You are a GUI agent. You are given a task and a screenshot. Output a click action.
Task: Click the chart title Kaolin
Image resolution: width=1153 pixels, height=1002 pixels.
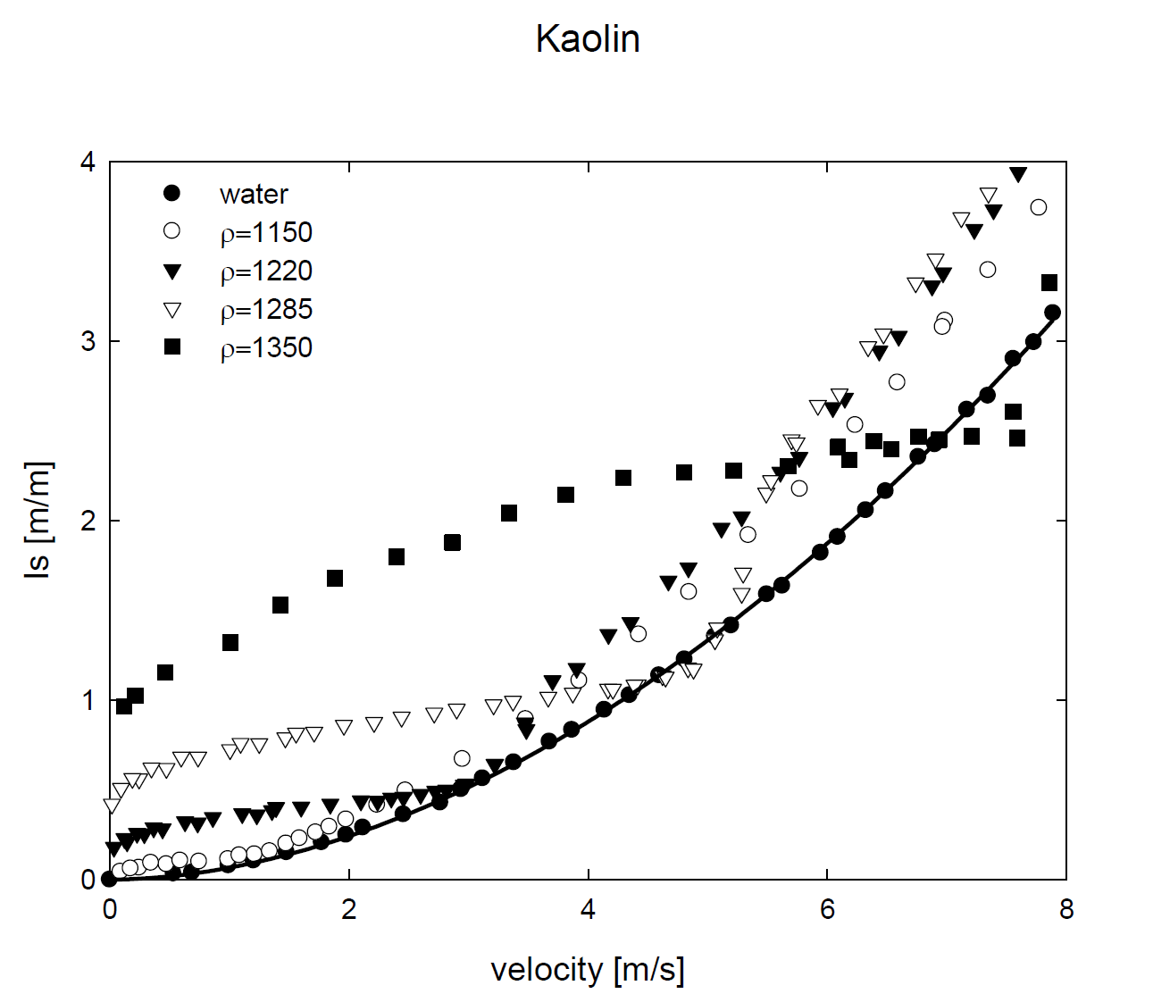pos(588,39)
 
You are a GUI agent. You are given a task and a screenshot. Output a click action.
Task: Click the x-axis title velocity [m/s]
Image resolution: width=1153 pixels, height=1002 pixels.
pos(588,969)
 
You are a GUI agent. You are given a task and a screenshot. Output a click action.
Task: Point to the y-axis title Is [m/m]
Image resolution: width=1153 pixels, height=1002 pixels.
pos(38,520)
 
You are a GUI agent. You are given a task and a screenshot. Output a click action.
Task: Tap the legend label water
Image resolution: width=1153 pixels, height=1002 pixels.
pos(254,194)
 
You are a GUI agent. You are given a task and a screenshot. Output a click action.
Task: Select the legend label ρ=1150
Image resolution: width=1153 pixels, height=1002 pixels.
pos(266,232)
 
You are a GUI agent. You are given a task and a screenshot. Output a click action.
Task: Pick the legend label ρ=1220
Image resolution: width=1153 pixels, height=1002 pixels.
pos(266,271)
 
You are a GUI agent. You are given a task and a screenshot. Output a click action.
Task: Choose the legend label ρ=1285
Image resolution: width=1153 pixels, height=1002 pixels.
pos(266,309)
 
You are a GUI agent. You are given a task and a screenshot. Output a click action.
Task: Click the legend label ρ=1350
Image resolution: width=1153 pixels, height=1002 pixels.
pos(266,347)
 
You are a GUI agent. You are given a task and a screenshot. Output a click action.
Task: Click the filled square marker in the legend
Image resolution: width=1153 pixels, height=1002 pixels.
pos(171,347)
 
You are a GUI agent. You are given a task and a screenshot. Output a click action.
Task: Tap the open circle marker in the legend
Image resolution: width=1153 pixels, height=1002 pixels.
pos(171,231)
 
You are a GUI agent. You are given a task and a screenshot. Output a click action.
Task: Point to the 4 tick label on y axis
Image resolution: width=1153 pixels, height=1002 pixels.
pos(88,162)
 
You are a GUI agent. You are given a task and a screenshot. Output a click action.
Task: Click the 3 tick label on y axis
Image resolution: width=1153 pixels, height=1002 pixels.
pos(88,342)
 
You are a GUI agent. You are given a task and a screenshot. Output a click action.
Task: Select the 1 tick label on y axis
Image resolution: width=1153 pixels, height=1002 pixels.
pos(88,700)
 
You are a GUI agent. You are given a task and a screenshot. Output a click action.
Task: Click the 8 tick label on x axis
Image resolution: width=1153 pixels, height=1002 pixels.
pos(1065,910)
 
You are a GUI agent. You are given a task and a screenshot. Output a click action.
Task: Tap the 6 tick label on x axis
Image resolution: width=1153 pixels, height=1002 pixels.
pos(827,910)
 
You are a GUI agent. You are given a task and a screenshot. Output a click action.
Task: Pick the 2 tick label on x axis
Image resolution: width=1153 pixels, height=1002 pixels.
pos(348,910)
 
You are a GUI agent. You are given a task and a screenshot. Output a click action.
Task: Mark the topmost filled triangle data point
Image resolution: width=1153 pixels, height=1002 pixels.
pos(1018,174)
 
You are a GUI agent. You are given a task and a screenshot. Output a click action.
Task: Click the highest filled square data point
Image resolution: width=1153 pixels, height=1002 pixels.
pos(1049,283)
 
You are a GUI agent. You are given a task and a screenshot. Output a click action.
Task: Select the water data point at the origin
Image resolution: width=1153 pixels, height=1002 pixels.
pos(110,879)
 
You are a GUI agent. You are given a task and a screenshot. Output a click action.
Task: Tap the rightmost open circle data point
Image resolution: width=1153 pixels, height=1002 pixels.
pos(1038,207)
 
